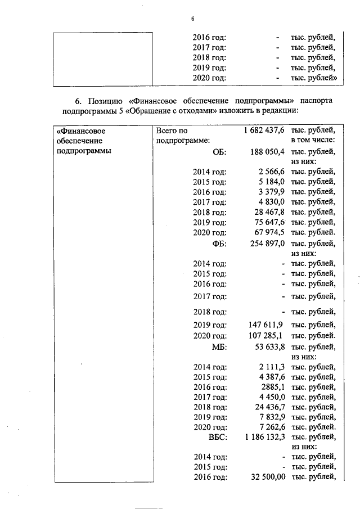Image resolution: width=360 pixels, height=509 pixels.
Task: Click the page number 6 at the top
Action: [192, 19]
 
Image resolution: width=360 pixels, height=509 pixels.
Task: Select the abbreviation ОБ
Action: [220, 152]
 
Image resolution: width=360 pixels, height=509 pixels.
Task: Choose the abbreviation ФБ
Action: [219, 243]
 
